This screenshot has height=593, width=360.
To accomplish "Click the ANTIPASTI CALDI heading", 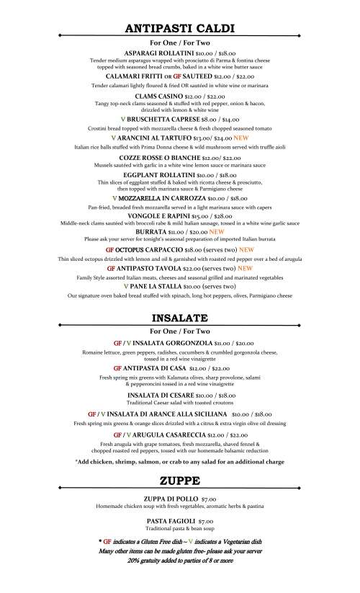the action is click(179, 29).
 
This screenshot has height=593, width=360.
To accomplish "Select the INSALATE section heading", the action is click(179, 317).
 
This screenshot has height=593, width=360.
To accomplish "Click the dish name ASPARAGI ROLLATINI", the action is click(157, 53).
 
